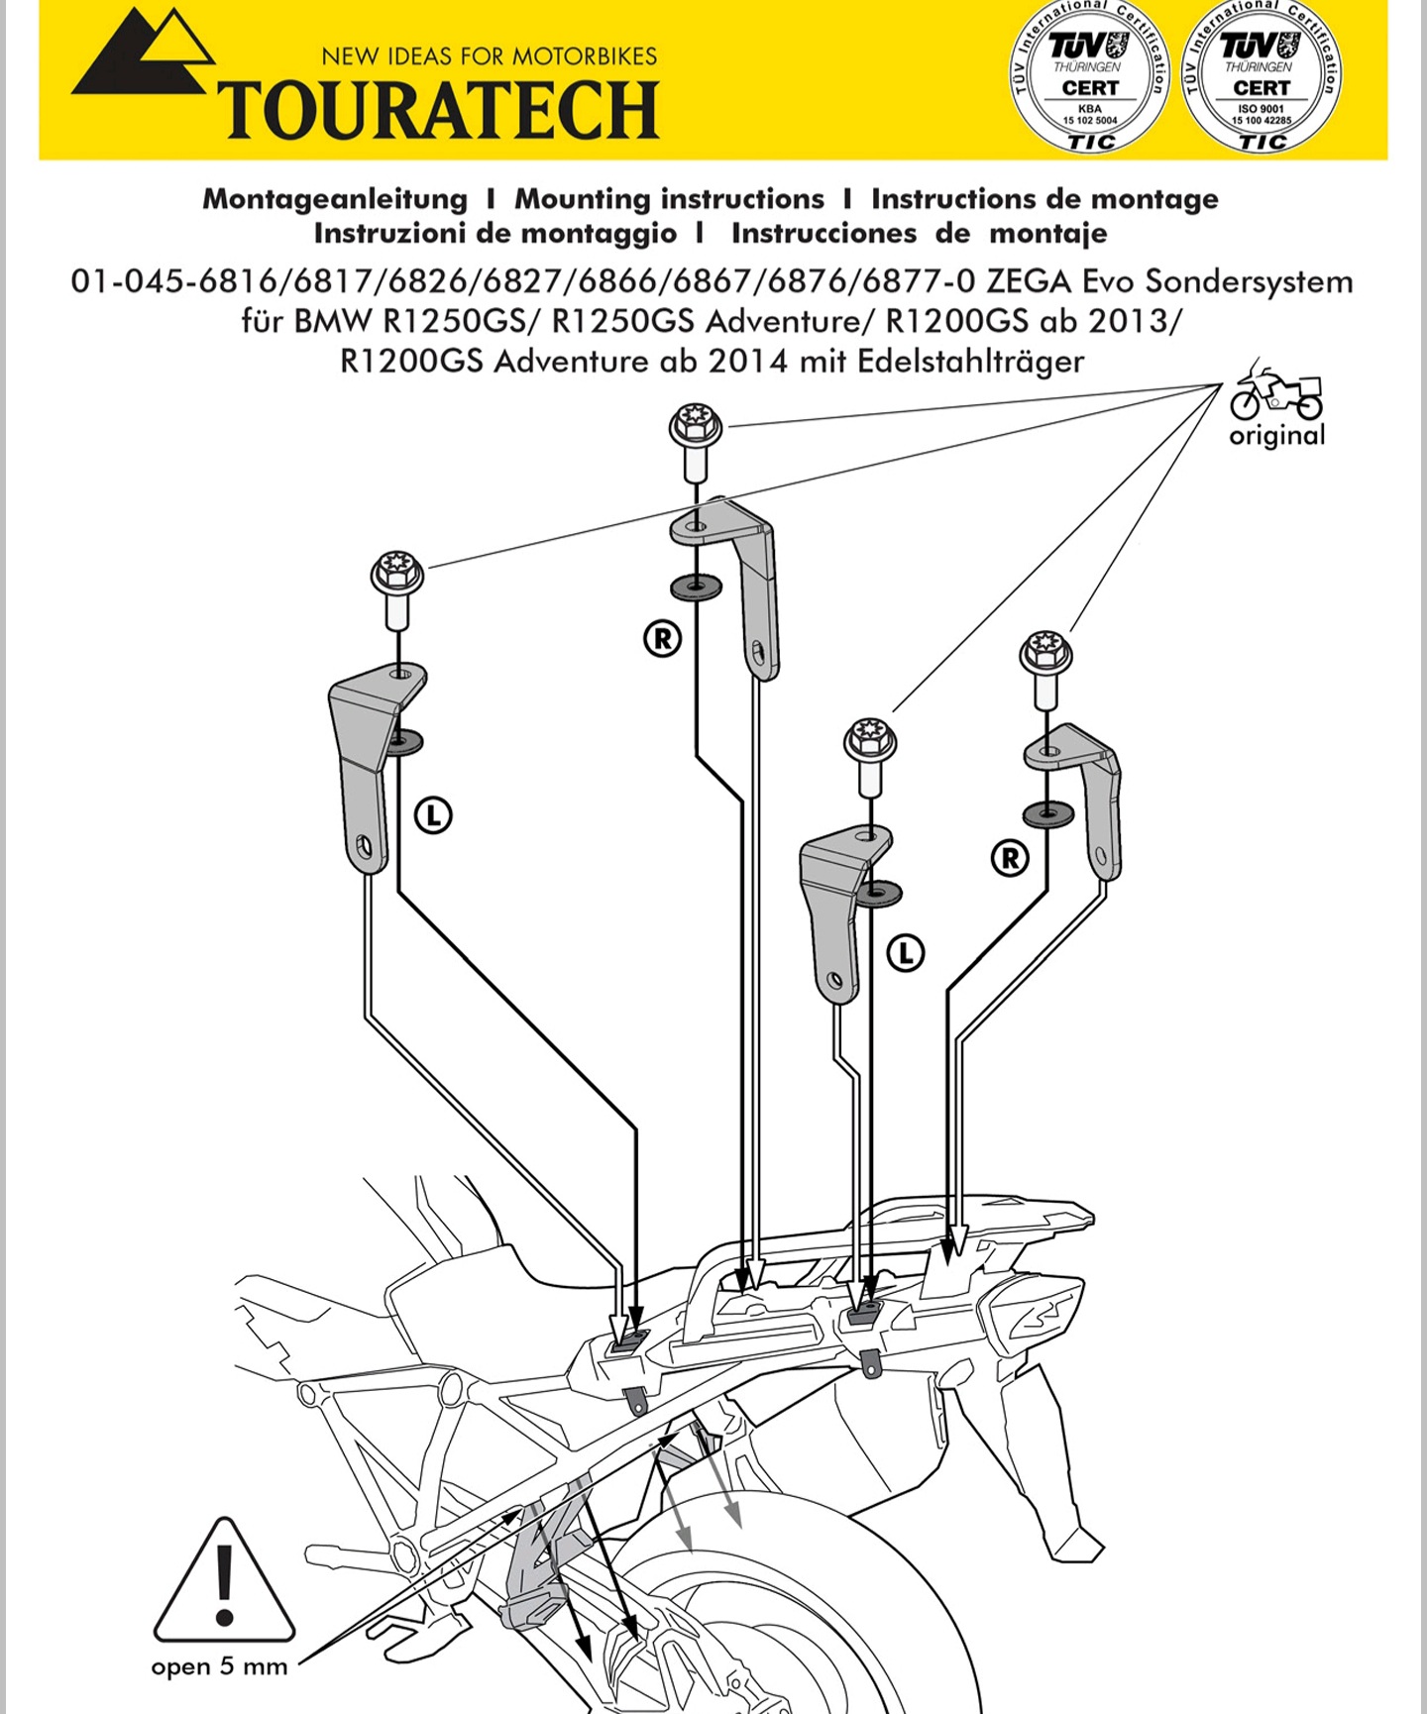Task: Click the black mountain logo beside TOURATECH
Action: point(144,57)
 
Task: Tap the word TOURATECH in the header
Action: point(438,109)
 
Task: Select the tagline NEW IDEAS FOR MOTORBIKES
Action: point(490,56)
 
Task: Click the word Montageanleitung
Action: point(335,199)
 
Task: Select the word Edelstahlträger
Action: point(970,362)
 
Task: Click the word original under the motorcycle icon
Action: point(1276,436)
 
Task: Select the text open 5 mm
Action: point(219,1666)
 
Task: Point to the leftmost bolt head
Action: point(397,575)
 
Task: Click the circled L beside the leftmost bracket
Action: point(433,815)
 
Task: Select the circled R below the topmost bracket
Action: point(663,638)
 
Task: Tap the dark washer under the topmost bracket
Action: point(696,587)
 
